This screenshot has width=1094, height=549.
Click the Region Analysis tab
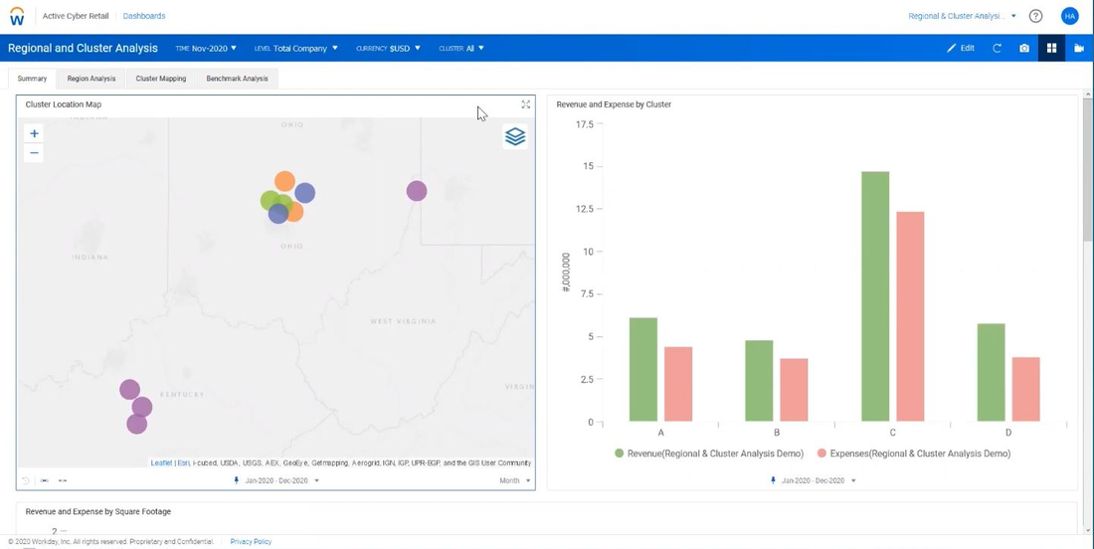[x=91, y=79]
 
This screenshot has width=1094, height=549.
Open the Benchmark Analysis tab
[x=237, y=79]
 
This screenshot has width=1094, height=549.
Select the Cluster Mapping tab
[x=161, y=79]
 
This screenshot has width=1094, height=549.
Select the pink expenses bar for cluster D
[x=1025, y=389]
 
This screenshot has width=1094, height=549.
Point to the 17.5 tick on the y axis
[x=584, y=124]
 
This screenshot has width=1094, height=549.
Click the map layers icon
[x=515, y=136]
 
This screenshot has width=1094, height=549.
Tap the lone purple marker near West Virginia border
[x=417, y=191]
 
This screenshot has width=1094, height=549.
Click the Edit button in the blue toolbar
[x=961, y=48]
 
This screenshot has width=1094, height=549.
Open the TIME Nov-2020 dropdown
[x=206, y=48]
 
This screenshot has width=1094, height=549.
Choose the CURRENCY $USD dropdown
[x=388, y=48]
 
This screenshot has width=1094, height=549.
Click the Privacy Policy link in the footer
[x=251, y=542]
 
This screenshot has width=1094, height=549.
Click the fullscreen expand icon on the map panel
[x=526, y=104]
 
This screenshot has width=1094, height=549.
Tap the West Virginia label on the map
[x=402, y=321]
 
